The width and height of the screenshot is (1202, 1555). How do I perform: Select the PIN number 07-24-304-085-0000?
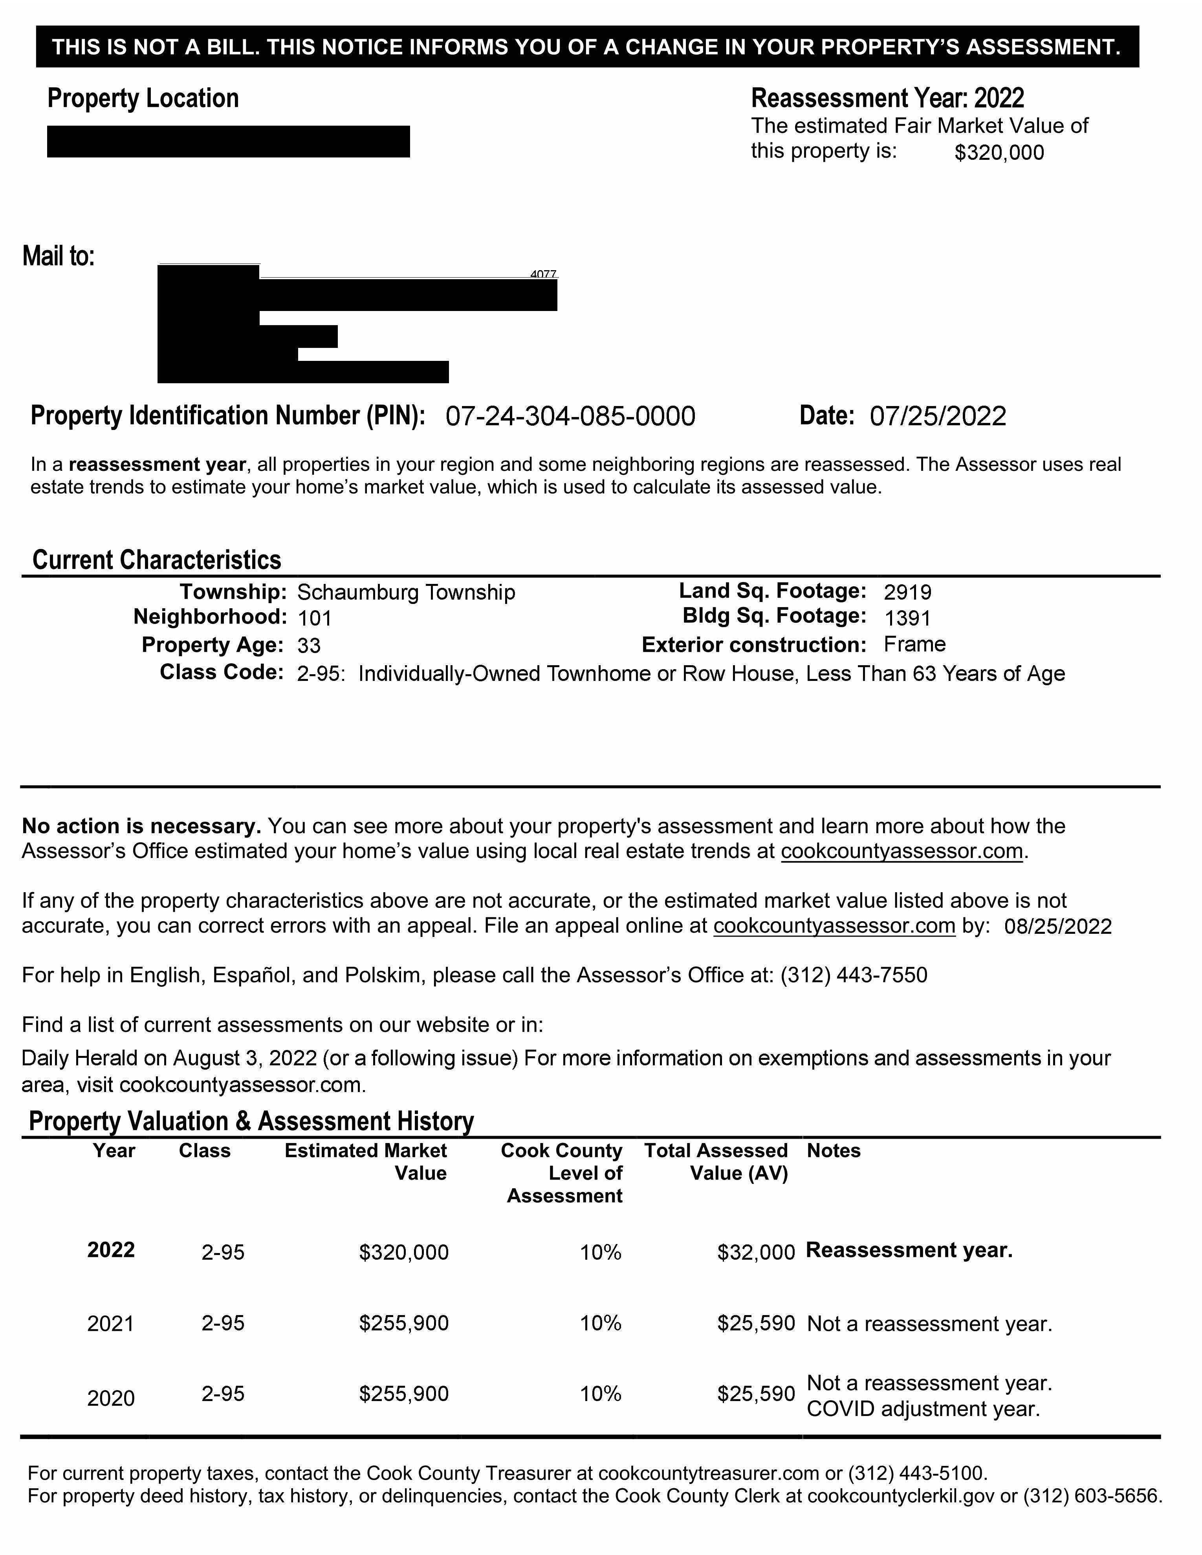tap(570, 417)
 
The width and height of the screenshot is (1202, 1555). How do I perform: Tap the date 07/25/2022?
tap(937, 417)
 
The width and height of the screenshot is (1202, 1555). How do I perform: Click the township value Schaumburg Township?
tap(406, 593)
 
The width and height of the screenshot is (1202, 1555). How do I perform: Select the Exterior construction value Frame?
tap(914, 644)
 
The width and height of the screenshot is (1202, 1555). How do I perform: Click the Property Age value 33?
tap(309, 646)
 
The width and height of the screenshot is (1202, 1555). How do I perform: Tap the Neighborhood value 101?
tap(314, 618)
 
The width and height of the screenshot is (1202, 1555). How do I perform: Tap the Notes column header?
tap(833, 1151)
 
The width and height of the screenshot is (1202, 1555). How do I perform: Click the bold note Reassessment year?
tap(909, 1251)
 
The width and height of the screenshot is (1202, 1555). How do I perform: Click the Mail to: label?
tap(59, 256)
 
